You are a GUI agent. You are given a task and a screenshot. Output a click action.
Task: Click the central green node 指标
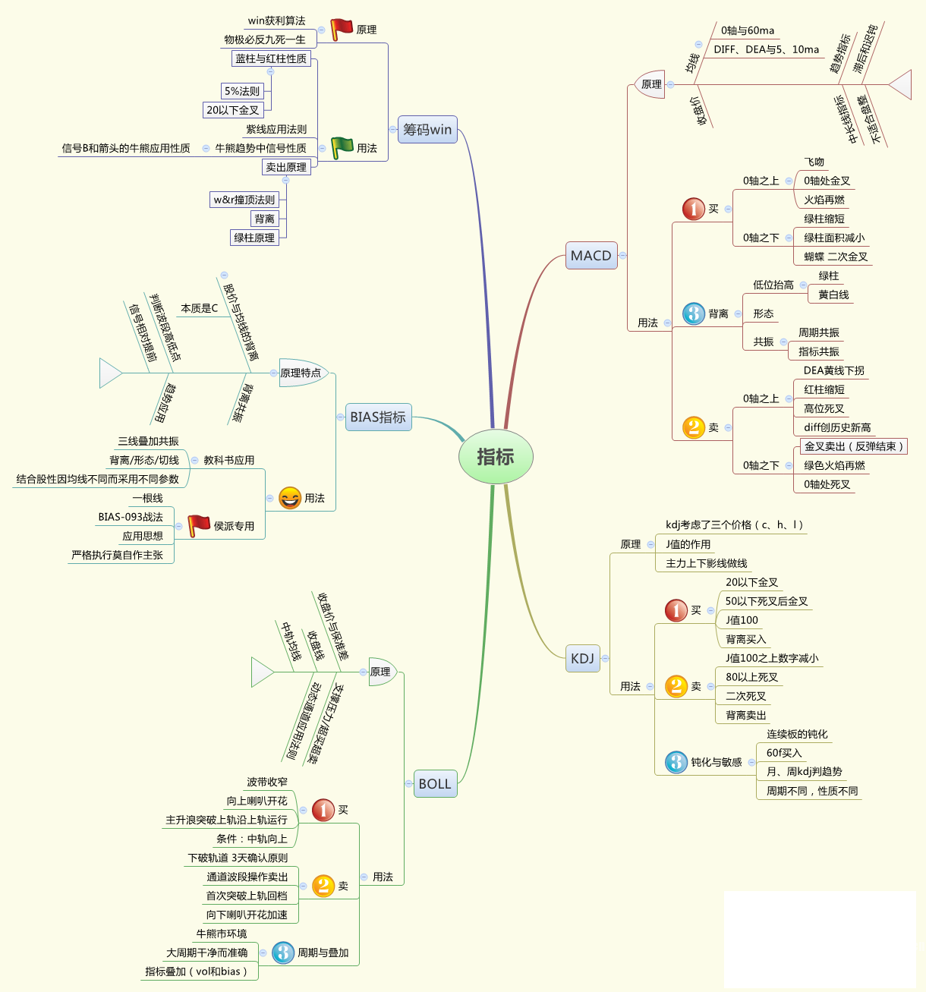[496, 457]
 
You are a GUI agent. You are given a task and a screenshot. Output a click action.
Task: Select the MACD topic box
[591, 256]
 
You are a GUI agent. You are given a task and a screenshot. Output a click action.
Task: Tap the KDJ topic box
[582, 658]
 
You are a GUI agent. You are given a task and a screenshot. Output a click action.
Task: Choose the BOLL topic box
[435, 784]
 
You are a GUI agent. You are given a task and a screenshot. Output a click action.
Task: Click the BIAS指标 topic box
[378, 417]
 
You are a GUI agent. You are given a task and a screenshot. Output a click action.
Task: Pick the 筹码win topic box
[427, 129]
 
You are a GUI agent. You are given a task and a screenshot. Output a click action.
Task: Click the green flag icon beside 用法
[342, 147]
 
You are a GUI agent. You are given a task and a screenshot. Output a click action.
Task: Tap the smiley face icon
[290, 498]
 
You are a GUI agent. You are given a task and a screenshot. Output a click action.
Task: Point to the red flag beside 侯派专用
[199, 525]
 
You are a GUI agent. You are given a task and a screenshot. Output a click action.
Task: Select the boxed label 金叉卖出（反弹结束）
[854, 446]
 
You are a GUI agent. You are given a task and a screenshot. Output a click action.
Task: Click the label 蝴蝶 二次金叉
[836, 257]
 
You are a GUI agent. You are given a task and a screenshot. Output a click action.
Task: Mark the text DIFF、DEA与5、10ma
[766, 49]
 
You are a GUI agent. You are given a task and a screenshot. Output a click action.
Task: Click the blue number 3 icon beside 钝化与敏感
[676, 762]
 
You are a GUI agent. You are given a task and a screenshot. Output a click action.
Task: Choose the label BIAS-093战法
[131, 517]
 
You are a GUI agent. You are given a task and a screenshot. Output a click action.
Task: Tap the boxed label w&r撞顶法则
[244, 200]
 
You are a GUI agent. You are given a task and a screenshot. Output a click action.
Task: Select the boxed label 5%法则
[242, 91]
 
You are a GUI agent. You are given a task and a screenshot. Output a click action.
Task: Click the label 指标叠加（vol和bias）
[197, 972]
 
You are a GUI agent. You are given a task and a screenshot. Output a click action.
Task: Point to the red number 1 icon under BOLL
[323, 810]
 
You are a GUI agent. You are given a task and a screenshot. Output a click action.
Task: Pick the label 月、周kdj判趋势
[804, 771]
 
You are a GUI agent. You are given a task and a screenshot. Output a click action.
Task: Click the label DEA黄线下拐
[833, 370]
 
